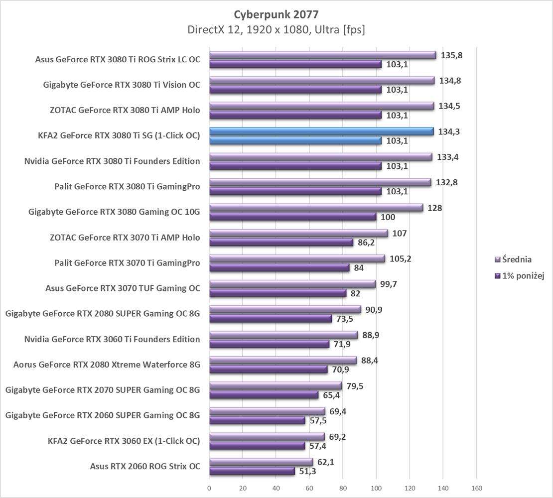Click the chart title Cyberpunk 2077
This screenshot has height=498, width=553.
(x=276, y=13)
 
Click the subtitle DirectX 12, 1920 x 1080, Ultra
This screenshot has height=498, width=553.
(x=276, y=30)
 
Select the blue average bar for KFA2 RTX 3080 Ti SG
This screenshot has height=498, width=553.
(x=321, y=131)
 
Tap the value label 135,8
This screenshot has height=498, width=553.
(x=451, y=55)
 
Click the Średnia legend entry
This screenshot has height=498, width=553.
(x=516, y=259)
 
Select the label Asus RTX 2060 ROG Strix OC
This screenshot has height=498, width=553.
(x=145, y=466)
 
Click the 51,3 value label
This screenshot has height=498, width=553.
(x=307, y=471)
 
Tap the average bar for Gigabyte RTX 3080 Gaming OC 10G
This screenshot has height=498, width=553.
(x=316, y=208)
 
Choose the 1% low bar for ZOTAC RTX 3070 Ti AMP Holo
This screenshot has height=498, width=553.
(x=281, y=243)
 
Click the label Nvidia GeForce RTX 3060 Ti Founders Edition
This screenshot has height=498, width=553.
(x=112, y=339)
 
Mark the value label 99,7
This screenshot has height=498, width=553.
(x=391, y=284)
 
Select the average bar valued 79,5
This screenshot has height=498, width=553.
(x=276, y=385)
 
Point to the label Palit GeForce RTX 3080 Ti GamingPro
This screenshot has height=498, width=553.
(x=127, y=187)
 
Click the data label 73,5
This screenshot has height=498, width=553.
(x=344, y=319)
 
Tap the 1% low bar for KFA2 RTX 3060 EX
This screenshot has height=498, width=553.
(x=257, y=446)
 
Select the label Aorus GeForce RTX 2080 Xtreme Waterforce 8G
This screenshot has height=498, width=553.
(x=107, y=365)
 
